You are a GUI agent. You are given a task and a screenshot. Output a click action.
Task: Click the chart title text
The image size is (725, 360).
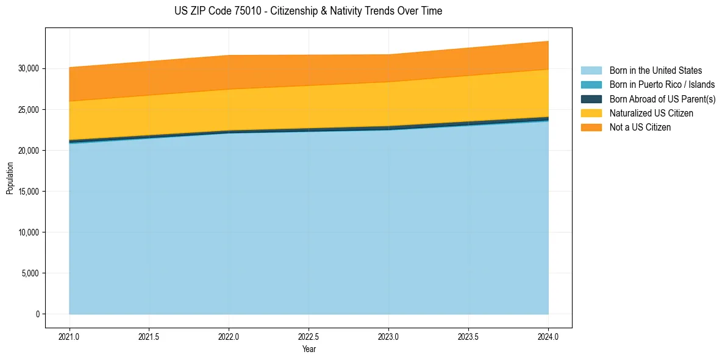coord(308,11)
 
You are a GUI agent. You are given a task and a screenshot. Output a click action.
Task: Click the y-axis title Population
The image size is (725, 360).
coord(10,178)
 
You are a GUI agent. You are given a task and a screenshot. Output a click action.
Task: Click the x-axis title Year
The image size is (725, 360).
coord(309,349)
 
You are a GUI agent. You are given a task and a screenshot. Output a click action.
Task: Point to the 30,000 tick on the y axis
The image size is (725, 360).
coord(27,68)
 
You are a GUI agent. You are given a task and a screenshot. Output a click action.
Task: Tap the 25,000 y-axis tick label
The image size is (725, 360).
coord(27,110)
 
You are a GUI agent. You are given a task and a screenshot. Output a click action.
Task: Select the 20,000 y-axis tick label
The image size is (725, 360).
coord(27,151)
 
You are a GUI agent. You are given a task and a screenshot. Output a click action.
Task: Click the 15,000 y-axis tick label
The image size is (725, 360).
coord(27,192)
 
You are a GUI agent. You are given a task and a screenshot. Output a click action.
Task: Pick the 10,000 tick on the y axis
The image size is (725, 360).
coord(27,232)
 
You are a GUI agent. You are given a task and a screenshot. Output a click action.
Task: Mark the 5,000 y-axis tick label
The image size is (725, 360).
coord(29,273)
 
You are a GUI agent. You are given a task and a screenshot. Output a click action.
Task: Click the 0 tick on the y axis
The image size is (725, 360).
coord(37,314)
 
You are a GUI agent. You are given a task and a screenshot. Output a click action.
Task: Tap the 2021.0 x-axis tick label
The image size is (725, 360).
coord(69,336)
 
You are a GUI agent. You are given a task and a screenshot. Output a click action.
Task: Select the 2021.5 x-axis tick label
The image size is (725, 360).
coord(149,336)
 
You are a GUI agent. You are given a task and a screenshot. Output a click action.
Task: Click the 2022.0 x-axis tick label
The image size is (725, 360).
coord(229,336)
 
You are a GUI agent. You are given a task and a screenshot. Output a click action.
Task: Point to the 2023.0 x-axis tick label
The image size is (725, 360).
coord(388,336)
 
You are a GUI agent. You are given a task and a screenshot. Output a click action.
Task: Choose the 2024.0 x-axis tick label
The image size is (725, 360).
coord(548,336)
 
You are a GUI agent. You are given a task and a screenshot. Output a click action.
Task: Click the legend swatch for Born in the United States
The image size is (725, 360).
coord(591,71)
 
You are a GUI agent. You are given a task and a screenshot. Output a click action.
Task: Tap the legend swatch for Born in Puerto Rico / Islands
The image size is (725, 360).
coord(591,85)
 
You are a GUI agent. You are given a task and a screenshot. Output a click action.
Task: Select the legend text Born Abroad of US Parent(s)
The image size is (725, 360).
coord(662,99)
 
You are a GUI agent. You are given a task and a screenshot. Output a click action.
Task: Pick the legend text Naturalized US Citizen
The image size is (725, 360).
coord(651,113)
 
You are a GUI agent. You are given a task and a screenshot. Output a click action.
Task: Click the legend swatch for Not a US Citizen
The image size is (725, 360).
coord(591,128)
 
